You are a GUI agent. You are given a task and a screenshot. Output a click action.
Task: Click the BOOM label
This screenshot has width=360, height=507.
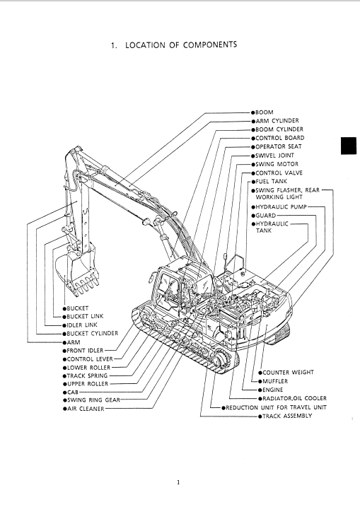pyautogui.click(x=265, y=112)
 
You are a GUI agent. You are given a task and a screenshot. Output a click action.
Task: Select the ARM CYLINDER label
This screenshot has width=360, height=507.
pyautogui.click(x=277, y=121)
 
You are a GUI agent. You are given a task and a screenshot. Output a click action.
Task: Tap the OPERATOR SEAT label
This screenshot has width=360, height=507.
pyautogui.click(x=279, y=147)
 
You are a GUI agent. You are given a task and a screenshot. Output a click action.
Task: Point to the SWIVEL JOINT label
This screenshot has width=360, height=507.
pyautogui.click(x=274, y=156)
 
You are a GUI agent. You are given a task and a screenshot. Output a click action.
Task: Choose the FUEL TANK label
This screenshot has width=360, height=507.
pyautogui.click(x=271, y=182)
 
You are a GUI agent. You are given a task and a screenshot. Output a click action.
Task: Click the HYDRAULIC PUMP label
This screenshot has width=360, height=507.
pyautogui.click(x=281, y=207)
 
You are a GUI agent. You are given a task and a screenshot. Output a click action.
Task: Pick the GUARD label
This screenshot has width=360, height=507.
pyautogui.click(x=265, y=216)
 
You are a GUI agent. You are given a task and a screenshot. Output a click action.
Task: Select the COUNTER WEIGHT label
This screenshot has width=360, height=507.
pyautogui.click(x=288, y=373)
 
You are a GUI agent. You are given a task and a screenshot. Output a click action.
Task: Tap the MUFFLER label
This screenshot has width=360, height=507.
pyautogui.click(x=275, y=381)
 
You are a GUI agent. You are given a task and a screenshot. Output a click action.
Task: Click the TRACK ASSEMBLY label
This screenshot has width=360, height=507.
pyautogui.click(x=287, y=416)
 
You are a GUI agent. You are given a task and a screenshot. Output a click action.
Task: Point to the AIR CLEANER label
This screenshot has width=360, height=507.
pyautogui.click(x=86, y=409)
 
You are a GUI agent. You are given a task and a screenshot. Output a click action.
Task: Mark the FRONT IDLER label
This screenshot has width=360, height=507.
pyautogui.click(x=85, y=351)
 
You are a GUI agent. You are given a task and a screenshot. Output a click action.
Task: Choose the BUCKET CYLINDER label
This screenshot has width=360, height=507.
pyautogui.click(x=93, y=333)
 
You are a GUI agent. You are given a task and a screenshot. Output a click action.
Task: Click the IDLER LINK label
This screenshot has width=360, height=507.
pyautogui.click(x=82, y=325)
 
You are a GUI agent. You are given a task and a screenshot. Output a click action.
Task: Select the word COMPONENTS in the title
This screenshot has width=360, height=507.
pyautogui.click(x=210, y=45)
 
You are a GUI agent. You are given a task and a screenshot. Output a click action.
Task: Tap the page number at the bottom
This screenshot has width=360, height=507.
pyautogui.click(x=178, y=483)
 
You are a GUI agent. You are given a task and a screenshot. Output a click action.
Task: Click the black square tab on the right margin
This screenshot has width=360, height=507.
pyautogui.click(x=349, y=146)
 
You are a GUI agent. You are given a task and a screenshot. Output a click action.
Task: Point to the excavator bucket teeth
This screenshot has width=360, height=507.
pyautogui.click(x=86, y=286)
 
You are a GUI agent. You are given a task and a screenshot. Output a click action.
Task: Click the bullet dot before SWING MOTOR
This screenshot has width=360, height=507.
pyautogui.click(x=253, y=165)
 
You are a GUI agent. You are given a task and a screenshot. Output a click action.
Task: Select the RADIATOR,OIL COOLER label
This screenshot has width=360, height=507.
pyautogui.click(x=295, y=399)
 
